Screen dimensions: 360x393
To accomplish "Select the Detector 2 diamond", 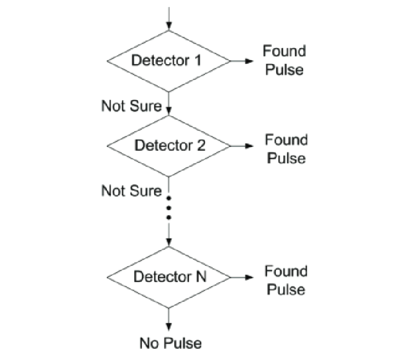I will [x=169, y=145].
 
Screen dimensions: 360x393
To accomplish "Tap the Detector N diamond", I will [x=169, y=277].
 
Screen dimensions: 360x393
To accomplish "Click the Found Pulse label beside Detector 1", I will [x=284, y=61].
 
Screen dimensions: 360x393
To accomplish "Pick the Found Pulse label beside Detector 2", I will [x=286, y=149].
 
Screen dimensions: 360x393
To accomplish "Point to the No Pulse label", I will [x=171, y=343].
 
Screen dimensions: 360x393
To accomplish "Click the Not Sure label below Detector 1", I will [x=131, y=106].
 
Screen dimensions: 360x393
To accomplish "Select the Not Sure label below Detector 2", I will [x=131, y=191].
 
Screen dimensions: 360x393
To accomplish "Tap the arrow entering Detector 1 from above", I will [x=169, y=19].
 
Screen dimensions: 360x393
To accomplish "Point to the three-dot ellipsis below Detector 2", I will [x=169, y=207].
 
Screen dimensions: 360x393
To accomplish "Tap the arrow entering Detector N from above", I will [x=169, y=235].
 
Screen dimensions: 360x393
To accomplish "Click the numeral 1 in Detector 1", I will [x=198, y=61].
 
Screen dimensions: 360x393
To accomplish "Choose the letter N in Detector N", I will [x=199, y=277].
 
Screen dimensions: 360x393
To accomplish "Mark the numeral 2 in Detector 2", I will [x=200, y=145].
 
